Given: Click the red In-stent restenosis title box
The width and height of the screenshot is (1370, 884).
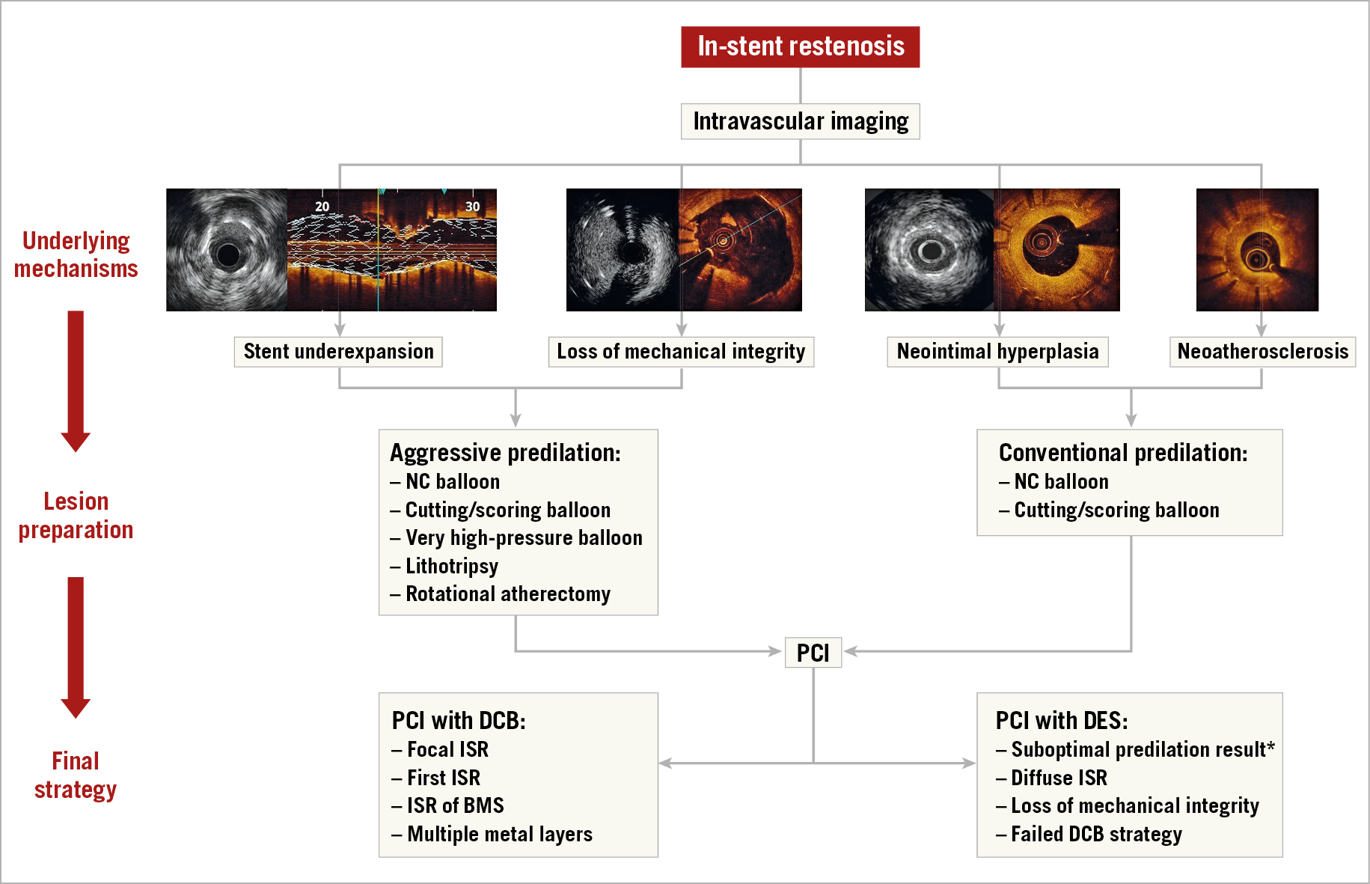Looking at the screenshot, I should (800, 46).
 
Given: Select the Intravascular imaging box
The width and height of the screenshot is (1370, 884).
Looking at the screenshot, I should (800, 121).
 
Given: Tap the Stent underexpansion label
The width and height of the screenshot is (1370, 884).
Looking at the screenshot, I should (338, 352).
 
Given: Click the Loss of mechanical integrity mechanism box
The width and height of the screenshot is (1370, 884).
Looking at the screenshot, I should (681, 352).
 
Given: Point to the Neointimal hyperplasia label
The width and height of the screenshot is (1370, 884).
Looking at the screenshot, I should (997, 352).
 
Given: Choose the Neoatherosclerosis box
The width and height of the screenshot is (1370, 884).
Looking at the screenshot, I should (1262, 352).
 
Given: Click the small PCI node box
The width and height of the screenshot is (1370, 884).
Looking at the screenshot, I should (813, 653).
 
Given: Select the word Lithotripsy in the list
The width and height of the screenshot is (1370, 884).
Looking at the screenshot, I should (452, 566).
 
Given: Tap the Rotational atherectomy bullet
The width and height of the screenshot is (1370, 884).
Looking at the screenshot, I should (507, 594).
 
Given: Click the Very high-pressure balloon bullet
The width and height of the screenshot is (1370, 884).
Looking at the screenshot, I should (524, 538).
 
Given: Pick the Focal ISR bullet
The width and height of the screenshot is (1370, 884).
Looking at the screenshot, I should (447, 750).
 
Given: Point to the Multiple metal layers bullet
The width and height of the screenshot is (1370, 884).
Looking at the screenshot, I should (499, 835).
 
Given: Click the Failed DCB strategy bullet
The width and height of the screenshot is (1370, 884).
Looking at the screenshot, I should (1096, 835).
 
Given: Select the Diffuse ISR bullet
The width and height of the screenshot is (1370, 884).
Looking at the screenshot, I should (1059, 778).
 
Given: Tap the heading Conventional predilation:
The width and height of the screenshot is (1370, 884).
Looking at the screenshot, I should (1123, 453).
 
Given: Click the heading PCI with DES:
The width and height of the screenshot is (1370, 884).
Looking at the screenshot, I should (1062, 721).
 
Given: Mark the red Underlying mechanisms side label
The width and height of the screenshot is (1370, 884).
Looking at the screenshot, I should (76, 254).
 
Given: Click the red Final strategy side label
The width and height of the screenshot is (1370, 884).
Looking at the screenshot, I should (76, 775).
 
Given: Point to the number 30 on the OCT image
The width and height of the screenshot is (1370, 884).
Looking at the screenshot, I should (472, 207).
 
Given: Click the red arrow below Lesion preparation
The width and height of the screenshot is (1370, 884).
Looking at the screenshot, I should (76, 647).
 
